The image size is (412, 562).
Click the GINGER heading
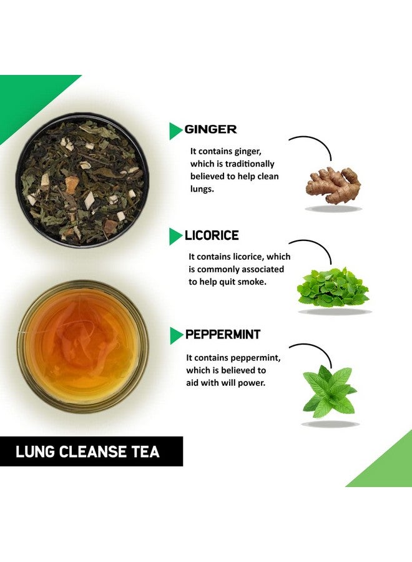click(x=210, y=130)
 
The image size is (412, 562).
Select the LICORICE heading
click(x=212, y=236)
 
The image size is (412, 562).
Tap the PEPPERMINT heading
click(x=223, y=335)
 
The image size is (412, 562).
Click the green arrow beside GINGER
click(x=175, y=131)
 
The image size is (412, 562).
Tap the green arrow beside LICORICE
click(x=175, y=236)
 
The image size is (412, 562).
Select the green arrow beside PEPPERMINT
click(x=176, y=335)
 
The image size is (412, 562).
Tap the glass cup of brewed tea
click(x=82, y=345)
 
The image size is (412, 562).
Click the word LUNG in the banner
click(x=35, y=451)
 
